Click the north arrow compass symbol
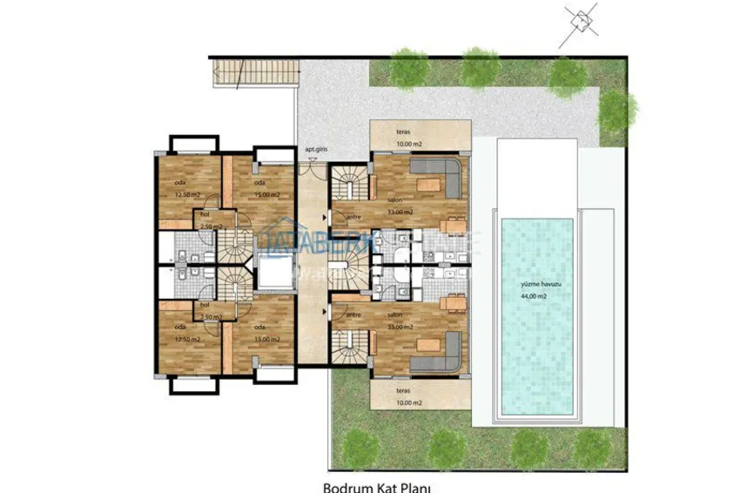(581, 19)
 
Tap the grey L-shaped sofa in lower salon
(438, 348)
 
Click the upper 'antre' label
(353, 218)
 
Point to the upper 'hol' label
(205, 213)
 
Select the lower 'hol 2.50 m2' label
(209, 311)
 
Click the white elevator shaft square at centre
(276, 276)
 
